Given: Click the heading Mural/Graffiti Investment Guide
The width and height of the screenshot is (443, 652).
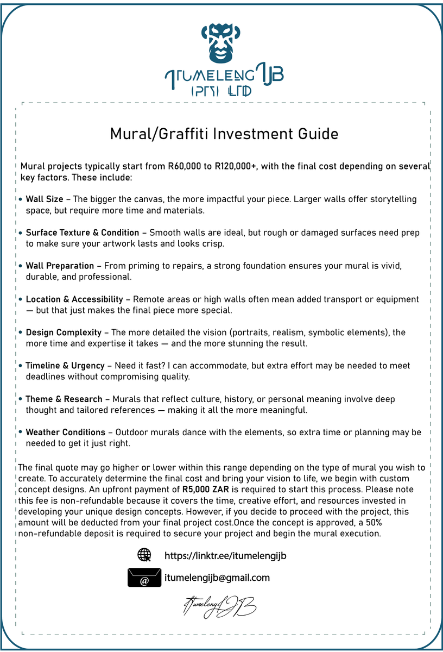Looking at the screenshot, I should pos(224,134).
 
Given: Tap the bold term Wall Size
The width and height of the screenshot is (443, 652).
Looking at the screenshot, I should pos(45,199).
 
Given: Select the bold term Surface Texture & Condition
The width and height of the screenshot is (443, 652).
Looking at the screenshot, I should pos(83,233).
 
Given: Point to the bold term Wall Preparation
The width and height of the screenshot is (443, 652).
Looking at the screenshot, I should pos(60,266).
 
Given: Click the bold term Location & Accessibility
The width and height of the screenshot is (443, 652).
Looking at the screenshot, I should pos(74,299).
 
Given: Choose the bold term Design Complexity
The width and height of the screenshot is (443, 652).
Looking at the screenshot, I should pos(64,333).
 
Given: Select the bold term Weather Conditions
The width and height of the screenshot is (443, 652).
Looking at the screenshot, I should pos(66,432).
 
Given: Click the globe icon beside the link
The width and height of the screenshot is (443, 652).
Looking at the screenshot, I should pos(144,555).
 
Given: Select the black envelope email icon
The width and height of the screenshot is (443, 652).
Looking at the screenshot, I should pos(144,578).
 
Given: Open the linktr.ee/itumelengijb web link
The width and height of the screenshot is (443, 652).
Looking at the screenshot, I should pos(225,556).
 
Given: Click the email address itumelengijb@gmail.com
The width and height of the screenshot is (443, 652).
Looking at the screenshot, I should pos(217,578).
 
